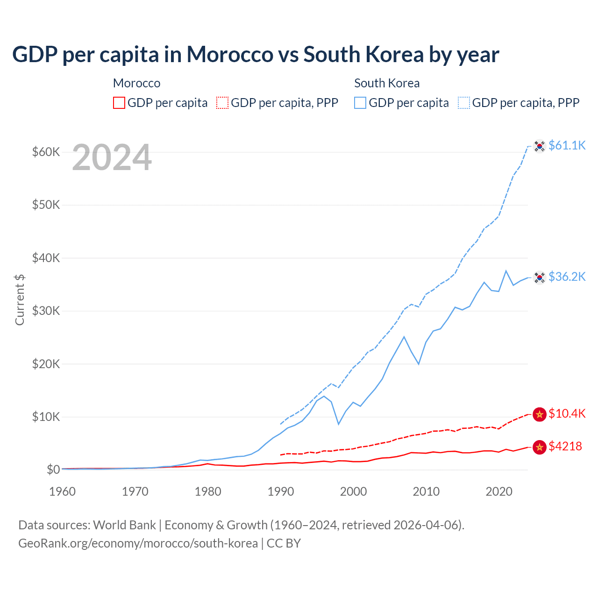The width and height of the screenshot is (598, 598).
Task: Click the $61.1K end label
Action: point(567,146)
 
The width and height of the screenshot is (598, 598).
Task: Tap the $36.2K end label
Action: point(567,277)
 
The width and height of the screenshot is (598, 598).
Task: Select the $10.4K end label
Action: point(567,414)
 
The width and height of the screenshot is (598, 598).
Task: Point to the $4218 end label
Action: point(565,447)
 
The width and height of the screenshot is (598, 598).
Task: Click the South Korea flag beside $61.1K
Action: point(540,146)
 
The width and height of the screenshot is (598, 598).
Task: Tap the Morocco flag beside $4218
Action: point(540,447)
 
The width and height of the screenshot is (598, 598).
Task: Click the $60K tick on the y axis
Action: point(46,152)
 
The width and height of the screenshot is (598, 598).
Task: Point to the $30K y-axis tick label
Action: point(46,311)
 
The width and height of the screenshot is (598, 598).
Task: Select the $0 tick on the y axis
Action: point(53,470)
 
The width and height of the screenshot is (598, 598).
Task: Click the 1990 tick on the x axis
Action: point(281,492)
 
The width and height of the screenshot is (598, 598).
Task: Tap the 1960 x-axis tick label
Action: point(62,492)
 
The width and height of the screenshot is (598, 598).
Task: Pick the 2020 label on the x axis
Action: point(499,492)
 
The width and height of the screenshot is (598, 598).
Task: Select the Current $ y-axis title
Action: point(20,299)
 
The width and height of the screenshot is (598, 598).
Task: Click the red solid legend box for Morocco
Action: point(119,103)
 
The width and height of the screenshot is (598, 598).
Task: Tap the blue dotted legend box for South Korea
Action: point(464,103)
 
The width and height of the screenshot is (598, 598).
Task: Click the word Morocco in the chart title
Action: point(230,55)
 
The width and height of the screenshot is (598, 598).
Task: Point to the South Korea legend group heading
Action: point(387,83)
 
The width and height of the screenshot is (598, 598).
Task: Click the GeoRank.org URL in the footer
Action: point(138,543)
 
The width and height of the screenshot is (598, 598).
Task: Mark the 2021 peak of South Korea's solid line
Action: point(506,271)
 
